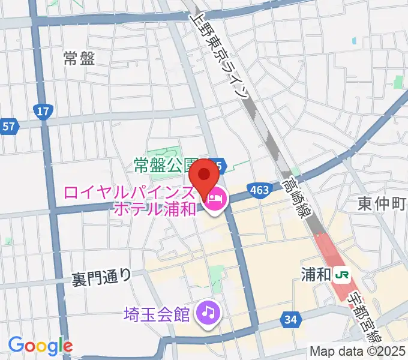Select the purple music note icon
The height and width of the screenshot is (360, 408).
click(208, 312)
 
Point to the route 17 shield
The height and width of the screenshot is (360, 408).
click(43, 111)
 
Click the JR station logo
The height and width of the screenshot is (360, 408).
click(343, 275)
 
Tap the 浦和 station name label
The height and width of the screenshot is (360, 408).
click(316, 275)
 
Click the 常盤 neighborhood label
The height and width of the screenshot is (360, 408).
click(79, 58)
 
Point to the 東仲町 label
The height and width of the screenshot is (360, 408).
click(382, 203)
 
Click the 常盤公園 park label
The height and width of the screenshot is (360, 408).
click(166, 164)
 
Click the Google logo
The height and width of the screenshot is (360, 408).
click(40, 346)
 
